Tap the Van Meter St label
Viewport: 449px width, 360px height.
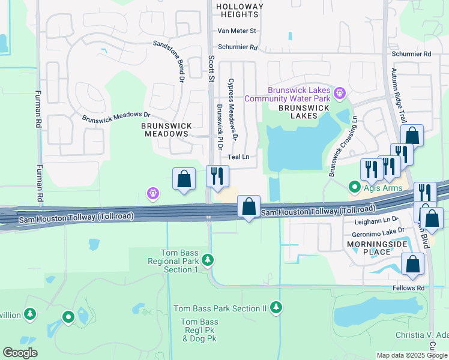(237, 31)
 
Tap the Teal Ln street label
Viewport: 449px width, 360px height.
(238, 157)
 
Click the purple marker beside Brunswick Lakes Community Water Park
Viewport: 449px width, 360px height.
(340, 94)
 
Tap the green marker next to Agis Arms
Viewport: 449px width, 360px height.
(355, 188)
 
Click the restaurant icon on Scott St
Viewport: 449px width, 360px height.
(217, 176)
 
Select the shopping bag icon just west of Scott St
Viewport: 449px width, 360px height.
(184, 178)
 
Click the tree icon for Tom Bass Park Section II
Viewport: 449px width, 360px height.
(276, 308)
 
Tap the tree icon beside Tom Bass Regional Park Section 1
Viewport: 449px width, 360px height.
(207, 260)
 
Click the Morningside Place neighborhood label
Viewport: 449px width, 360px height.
(369, 248)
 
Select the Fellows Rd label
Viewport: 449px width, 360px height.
(409, 288)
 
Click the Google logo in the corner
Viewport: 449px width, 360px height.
(20, 353)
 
